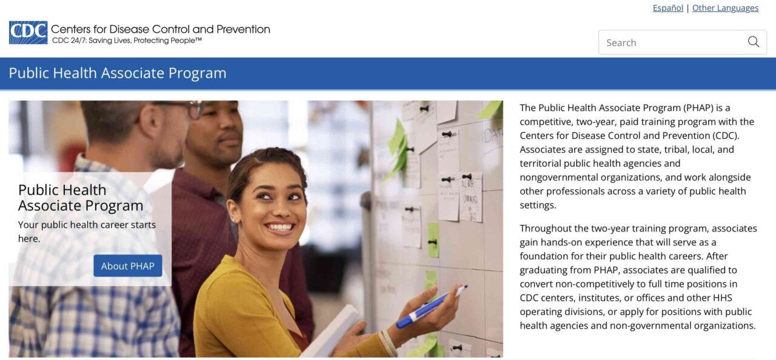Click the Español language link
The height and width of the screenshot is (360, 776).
(x=667, y=8)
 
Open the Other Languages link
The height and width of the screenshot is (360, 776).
(x=725, y=8)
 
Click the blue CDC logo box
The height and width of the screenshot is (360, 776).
(x=28, y=33)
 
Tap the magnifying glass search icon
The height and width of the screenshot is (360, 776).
(x=753, y=42)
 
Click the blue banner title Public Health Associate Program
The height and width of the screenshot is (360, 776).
(x=118, y=73)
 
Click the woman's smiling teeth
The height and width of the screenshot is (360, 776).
(x=279, y=227)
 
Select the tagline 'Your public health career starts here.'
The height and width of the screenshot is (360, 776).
(x=87, y=232)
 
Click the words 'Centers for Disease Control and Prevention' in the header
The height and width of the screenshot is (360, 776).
(x=161, y=29)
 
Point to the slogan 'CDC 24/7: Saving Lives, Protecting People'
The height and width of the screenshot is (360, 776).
(x=126, y=41)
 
